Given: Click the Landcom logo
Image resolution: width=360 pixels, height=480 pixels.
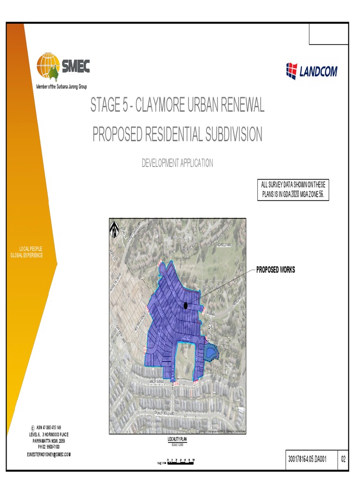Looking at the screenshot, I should pyautogui.click(x=311, y=71).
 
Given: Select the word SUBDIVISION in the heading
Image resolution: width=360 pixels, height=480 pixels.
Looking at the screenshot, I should pyautogui.click(x=232, y=135).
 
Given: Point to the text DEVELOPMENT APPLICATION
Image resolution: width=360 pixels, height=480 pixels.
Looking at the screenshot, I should pyautogui.click(x=177, y=163).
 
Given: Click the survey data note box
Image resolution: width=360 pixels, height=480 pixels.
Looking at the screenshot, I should pyautogui.click(x=292, y=190).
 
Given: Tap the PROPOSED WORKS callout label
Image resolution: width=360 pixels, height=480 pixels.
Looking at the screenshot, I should pyautogui.click(x=276, y=270).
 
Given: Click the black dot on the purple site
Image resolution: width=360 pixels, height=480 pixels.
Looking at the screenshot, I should pyautogui.click(x=186, y=306).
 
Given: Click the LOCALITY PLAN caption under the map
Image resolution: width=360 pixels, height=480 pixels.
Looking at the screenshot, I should pyautogui.click(x=177, y=439).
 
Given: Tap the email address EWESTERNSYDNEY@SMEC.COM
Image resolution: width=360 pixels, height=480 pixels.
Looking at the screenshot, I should pyautogui.click(x=49, y=455).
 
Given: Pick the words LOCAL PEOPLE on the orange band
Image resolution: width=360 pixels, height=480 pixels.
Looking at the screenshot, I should pyautogui.click(x=31, y=248).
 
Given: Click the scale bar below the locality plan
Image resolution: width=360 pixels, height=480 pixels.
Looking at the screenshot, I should pyautogui.click(x=180, y=462).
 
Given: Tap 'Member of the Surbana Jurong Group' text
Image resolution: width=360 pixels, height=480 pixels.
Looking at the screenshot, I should pyautogui.click(x=61, y=87).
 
